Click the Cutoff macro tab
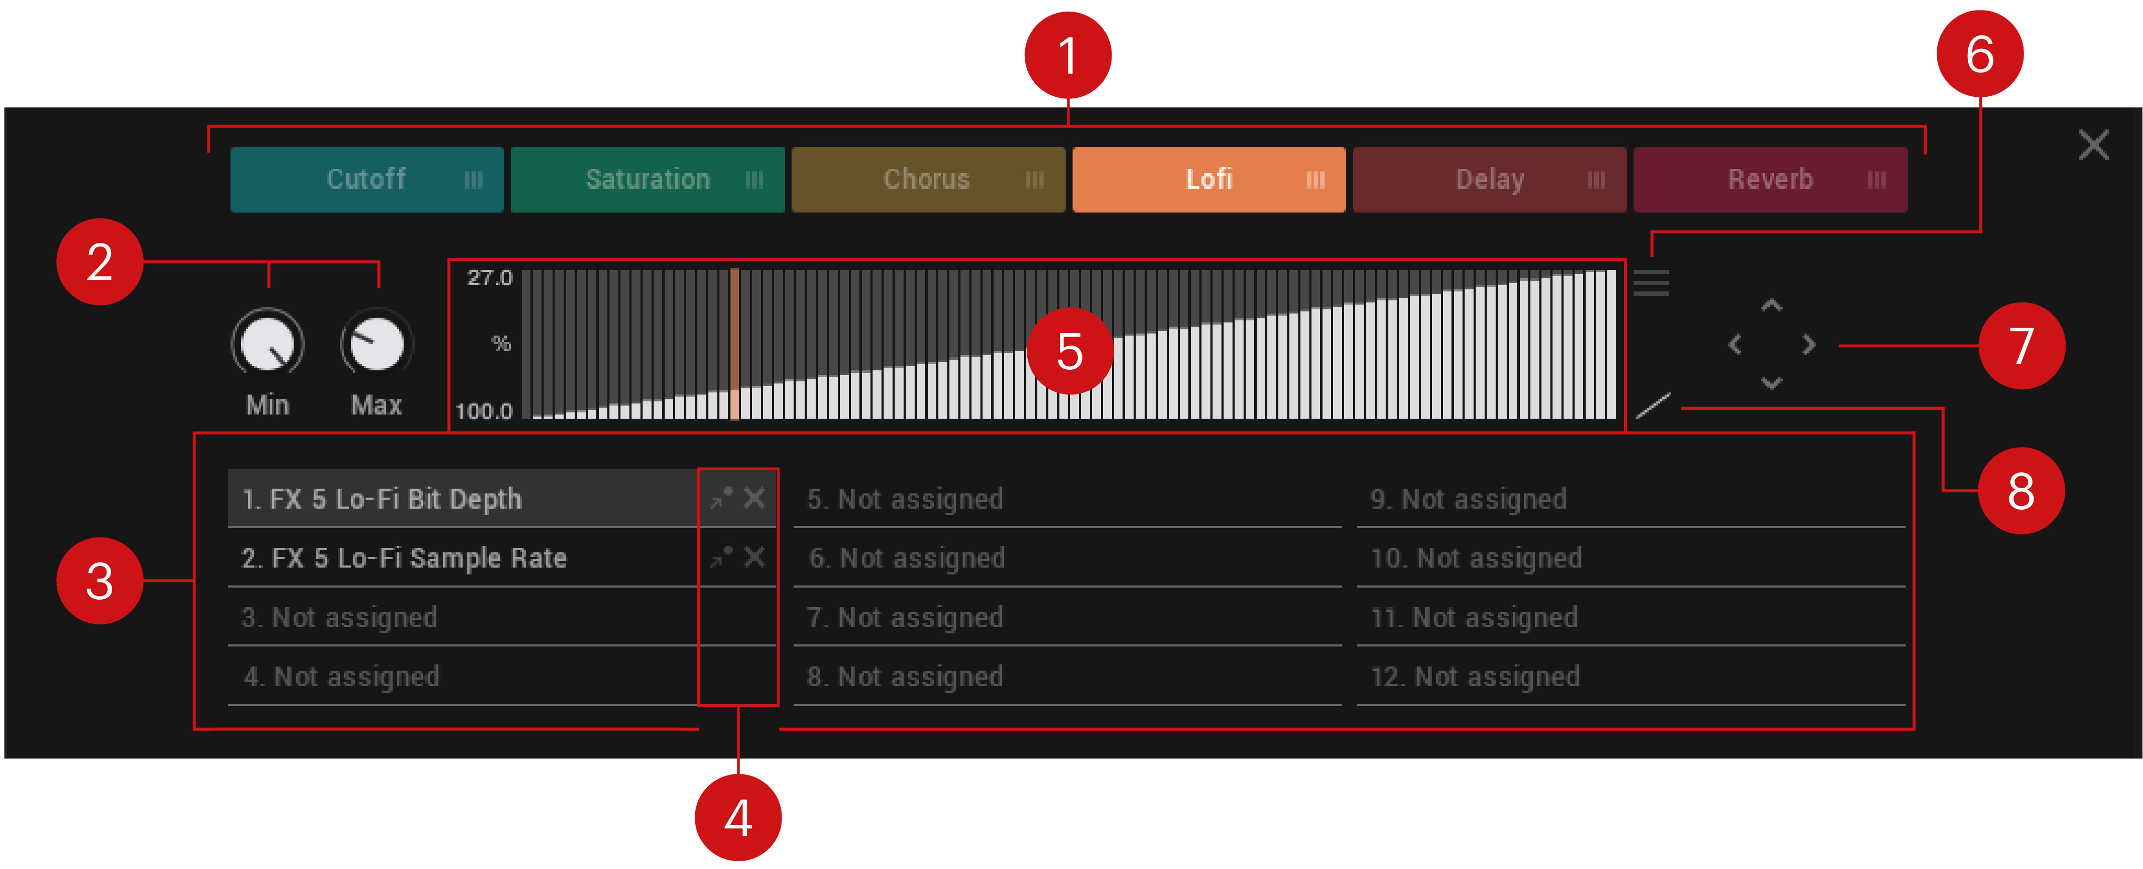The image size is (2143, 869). pyautogui.click(x=367, y=179)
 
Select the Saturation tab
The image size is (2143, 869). pyautogui.click(x=647, y=179)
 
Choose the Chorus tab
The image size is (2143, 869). pyautogui.click(x=928, y=179)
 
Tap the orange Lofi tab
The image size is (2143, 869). pyautogui.click(x=1209, y=179)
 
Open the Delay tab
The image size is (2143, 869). pyautogui.click(x=1489, y=179)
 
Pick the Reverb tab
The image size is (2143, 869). pyautogui.click(x=1770, y=179)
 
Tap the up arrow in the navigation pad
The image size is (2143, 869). pyautogui.click(x=1772, y=305)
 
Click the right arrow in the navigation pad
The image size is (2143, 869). pyautogui.click(x=1809, y=343)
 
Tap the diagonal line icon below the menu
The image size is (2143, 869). pyautogui.click(x=1653, y=405)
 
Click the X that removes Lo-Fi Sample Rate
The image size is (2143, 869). pyautogui.click(x=754, y=557)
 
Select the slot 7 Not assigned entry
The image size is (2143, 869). pyautogui.click(x=904, y=617)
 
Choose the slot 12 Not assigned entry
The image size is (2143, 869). pyautogui.click(x=1475, y=676)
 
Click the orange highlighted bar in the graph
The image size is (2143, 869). pyautogui.click(x=735, y=343)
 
